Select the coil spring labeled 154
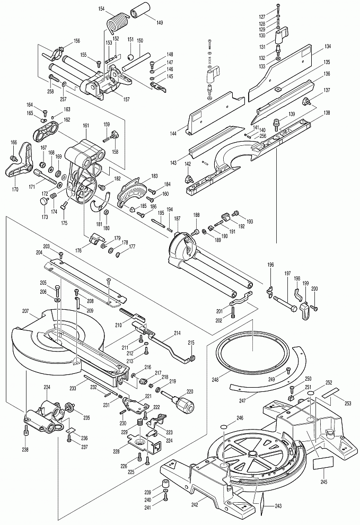click(118, 24)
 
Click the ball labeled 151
click(130, 56)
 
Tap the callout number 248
click(215, 380)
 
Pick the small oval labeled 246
click(225, 426)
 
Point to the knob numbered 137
click(306, 101)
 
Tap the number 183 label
click(154, 176)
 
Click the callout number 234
click(47, 388)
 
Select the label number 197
click(288, 274)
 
